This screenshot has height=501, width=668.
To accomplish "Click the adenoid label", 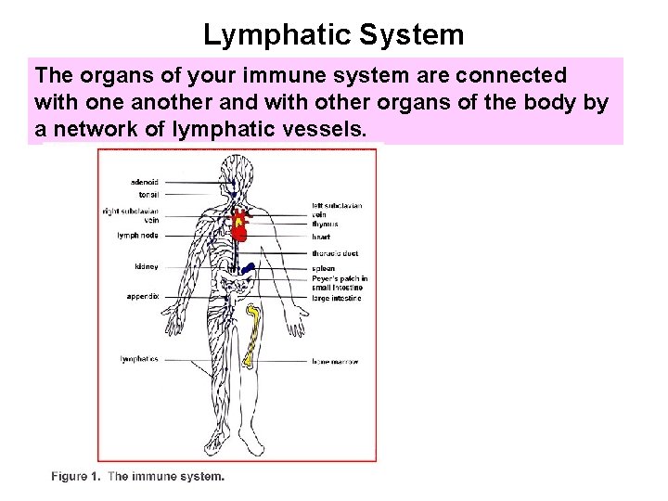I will pos(145,181).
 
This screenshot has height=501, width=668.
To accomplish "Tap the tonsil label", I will pos(148,195).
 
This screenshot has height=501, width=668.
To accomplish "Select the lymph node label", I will pos(137,236).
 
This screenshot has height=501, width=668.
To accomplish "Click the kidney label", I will pos(146,267).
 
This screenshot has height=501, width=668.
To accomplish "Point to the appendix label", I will pos(143,297).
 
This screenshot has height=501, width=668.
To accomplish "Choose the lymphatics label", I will pos(139,359).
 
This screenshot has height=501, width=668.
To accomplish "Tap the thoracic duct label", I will pos(335,253).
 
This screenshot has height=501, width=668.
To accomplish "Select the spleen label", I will pos(324,269).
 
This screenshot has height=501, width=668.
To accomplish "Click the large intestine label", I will pos(337,298).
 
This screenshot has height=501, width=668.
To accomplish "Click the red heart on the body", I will pos(240,222).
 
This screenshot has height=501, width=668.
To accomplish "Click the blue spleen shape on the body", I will pos(248,269).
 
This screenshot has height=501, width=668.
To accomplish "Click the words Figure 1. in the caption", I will pos(76,477).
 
